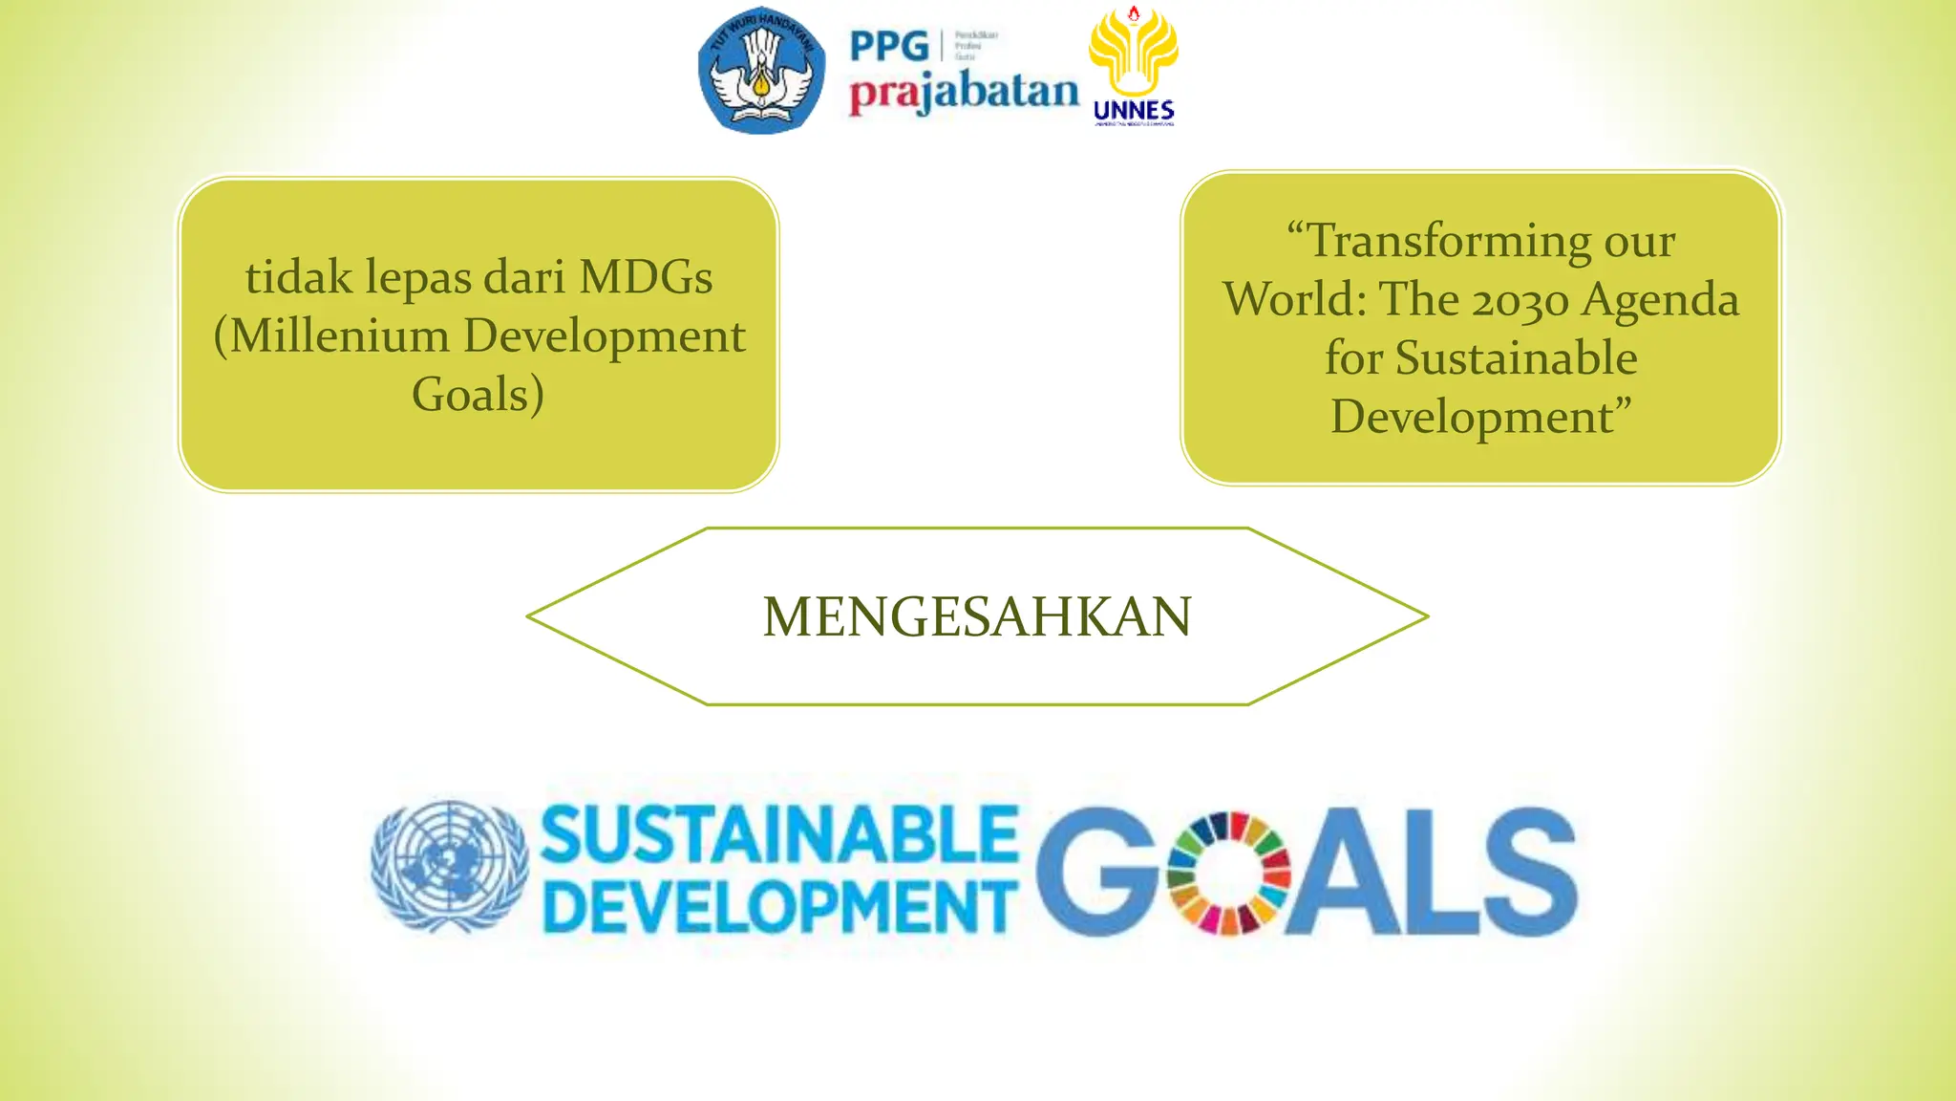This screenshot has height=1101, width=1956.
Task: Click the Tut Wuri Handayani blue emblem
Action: click(761, 71)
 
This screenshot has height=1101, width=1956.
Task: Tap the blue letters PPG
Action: click(889, 46)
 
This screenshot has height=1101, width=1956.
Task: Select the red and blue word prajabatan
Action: click(964, 94)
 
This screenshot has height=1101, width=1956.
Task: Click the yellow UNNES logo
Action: click(1134, 67)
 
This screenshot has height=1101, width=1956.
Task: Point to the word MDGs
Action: click(646, 277)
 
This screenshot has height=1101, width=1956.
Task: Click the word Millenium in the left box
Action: click(340, 336)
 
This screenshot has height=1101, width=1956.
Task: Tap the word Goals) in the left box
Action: click(478, 395)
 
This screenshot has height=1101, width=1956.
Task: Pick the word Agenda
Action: click(1661, 300)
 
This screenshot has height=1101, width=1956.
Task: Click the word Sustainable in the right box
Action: click(1517, 358)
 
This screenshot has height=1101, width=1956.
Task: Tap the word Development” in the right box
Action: click(1480, 417)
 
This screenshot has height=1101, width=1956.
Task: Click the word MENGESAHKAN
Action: click(977, 616)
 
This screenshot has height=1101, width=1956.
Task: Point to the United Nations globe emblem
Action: click(449, 865)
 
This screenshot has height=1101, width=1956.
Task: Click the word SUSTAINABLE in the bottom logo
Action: click(779, 834)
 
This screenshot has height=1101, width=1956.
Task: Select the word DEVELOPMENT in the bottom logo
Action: click(779, 906)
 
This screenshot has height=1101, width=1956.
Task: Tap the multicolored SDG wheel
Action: click(1228, 873)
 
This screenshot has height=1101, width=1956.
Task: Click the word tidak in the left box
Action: click(299, 277)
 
